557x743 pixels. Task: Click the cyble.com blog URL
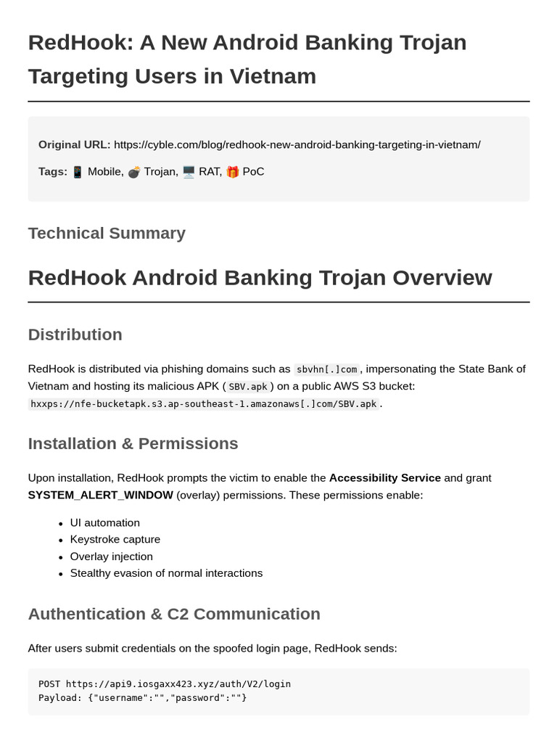297,144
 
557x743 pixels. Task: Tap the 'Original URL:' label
74,144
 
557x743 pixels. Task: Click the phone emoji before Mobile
78,172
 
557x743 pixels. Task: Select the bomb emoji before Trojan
134,172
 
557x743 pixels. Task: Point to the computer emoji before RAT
189,172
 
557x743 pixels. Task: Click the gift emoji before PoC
232,172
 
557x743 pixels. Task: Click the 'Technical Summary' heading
107,233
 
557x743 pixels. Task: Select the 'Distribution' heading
75,334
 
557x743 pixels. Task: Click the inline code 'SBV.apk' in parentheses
247,387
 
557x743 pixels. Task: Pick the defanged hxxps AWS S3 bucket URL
203,404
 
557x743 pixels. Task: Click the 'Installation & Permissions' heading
133,443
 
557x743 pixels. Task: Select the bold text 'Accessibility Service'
384,478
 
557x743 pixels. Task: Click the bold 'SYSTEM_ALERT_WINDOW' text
100,495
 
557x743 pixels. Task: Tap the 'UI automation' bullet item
104,522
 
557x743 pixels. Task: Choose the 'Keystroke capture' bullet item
115,539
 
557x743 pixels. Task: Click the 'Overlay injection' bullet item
111,557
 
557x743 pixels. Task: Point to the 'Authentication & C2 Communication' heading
174,614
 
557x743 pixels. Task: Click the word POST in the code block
49,684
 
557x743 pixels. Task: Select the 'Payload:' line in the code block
142,697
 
